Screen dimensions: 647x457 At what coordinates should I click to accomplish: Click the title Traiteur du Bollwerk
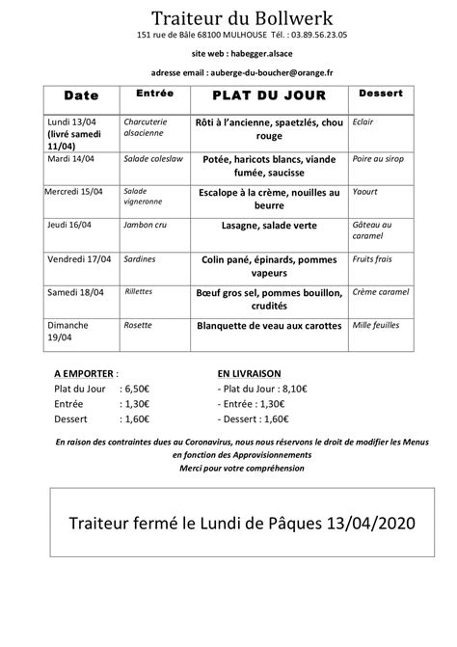point(228,18)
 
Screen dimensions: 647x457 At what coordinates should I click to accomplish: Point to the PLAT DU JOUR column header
point(269,97)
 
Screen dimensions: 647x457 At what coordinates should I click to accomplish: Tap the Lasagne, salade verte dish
point(268,225)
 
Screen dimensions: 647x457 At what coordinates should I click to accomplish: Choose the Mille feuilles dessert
point(377,325)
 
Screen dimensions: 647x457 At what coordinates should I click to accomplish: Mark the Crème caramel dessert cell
point(380,291)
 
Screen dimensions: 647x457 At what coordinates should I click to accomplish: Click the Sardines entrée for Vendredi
point(140,258)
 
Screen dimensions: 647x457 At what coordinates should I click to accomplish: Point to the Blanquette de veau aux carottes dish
point(269,326)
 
